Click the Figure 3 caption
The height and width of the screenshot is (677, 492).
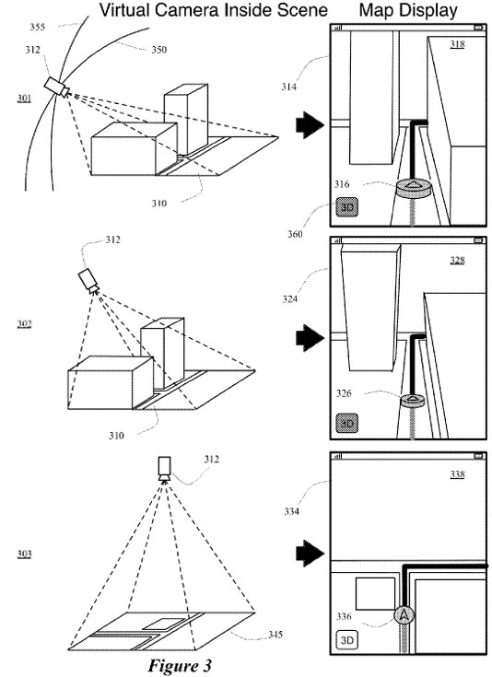pos(180,665)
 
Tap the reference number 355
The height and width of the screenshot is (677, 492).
pos(38,28)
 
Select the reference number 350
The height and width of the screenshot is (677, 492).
pos(159,50)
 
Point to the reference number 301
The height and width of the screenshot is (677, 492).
pos(24,99)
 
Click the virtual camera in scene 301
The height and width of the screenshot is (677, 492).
pos(56,88)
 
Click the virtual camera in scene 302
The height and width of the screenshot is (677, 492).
pos(89,281)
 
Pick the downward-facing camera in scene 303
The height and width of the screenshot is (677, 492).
pos(165,469)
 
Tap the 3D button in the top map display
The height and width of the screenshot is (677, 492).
pos(347,207)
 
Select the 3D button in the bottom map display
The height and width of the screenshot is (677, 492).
pos(347,639)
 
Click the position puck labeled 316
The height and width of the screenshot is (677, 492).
pos(414,188)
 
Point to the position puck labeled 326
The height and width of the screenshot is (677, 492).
pos(412,401)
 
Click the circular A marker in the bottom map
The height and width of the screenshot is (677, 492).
pos(404,615)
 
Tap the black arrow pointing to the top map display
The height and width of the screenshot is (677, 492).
pos(310,124)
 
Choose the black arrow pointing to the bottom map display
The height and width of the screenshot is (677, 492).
pos(310,553)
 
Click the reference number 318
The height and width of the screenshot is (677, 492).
pos(457,44)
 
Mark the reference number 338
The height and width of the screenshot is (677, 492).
pos(457,474)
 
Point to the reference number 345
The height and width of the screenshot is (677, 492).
pos(275,635)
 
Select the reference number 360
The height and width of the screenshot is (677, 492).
pos(296,234)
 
